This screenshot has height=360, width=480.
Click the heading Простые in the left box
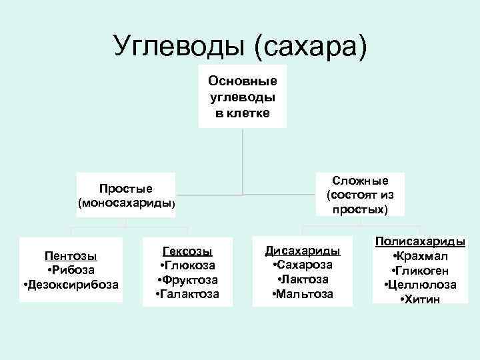pyautogui.click(x=126, y=188)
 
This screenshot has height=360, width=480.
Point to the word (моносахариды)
pyautogui.click(x=126, y=202)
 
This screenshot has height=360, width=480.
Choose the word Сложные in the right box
pyautogui.click(x=361, y=181)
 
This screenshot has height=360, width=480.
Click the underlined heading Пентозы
pyautogui.click(x=71, y=256)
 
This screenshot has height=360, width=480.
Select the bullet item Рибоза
pyautogui.click(x=71, y=270)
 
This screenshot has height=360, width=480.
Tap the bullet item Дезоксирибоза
pyautogui.click(x=71, y=285)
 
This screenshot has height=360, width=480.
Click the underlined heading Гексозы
pyautogui.click(x=187, y=251)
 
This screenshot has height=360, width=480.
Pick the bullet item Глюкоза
pyautogui.click(x=187, y=265)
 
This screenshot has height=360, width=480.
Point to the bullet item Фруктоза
pyautogui.click(x=187, y=280)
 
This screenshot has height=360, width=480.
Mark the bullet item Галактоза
pyautogui.click(x=187, y=294)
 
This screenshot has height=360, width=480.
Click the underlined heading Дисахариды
pyautogui.click(x=303, y=251)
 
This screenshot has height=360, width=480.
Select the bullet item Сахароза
pyautogui.click(x=303, y=265)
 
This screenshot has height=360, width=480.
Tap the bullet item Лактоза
pyautogui.click(x=303, y=279)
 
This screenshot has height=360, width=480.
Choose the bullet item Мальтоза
pyautogui.click(x=303, y=294)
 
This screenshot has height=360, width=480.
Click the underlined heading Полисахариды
pyautogui.click(x=421, y=242)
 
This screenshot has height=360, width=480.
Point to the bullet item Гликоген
pyautogui.click(x=421, y=271)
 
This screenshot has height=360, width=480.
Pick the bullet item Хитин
pyautogui.click(x=421, y=299)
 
